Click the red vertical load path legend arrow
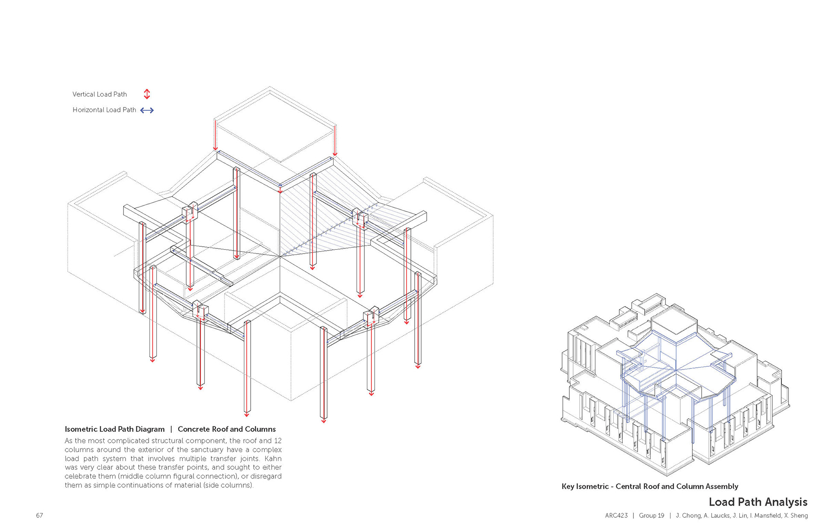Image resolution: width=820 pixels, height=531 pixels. [147, 94]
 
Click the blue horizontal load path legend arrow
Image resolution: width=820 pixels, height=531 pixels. [147, 110]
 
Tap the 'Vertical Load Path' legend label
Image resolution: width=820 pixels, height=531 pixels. [100, 94]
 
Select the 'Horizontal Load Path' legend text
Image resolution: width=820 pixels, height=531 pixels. [104, 110]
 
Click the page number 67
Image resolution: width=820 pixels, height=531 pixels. [39, 516]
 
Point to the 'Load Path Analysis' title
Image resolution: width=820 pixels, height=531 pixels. [758, 502]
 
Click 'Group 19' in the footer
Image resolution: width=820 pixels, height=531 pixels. [651, 516]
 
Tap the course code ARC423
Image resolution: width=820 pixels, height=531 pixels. [616, 516]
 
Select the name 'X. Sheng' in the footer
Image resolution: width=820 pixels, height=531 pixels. [796, 516]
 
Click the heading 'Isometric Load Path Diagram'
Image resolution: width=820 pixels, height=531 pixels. [114, 429]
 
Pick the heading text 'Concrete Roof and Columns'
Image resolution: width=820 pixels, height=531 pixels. [227, 429]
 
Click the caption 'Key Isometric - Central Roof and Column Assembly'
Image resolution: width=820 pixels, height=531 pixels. [650, 487]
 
